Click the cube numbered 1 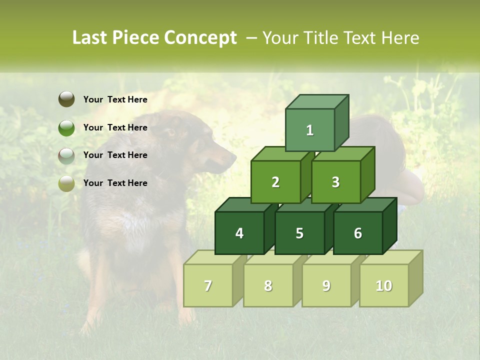(310, 130)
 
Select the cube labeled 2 (275, 182)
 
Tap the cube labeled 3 (335, 182)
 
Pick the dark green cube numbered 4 (239, 233)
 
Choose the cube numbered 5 (299, 233)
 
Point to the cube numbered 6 (358, 233)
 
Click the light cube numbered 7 (208, 285)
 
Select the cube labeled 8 (268, 285)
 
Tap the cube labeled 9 (326, 285)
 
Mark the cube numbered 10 (384, 285)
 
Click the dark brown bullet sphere (66, 99)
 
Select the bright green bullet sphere (66, 127)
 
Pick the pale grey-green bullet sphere (66, 155)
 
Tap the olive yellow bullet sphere (66, 183)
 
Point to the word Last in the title (90, 38)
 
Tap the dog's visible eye (171, 133)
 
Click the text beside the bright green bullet (115, 127)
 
